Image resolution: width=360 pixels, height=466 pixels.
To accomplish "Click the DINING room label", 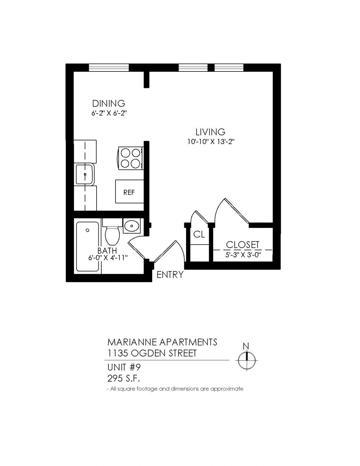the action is (x=108, y=104).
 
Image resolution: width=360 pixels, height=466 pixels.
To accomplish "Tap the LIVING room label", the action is (x=210, y=132).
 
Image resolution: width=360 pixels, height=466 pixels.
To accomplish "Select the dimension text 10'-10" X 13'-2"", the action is (x=210, y=142).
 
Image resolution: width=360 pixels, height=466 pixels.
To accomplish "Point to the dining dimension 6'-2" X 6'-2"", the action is (x=108, y=113).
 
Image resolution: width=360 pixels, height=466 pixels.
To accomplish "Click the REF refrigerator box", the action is (x=130, y=191).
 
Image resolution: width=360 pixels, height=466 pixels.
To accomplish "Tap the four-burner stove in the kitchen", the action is (x=130, y=158).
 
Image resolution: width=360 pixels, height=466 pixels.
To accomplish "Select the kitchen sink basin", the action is (x=85, y=174).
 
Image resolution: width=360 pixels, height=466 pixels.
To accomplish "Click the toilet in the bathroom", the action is (x=112, y=232).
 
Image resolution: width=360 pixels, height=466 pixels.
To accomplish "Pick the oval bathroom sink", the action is (x=132, y=226).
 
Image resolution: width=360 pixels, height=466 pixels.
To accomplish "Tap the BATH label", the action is (x=107, y=250).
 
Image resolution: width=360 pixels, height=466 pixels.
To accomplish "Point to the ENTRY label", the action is (x=170, y=275).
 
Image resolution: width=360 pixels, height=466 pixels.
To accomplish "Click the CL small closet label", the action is (x=199, y=234).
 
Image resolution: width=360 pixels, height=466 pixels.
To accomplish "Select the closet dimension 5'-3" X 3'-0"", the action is (x=243, y=255).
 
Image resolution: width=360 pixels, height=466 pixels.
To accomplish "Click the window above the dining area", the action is (x=109, y=67).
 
